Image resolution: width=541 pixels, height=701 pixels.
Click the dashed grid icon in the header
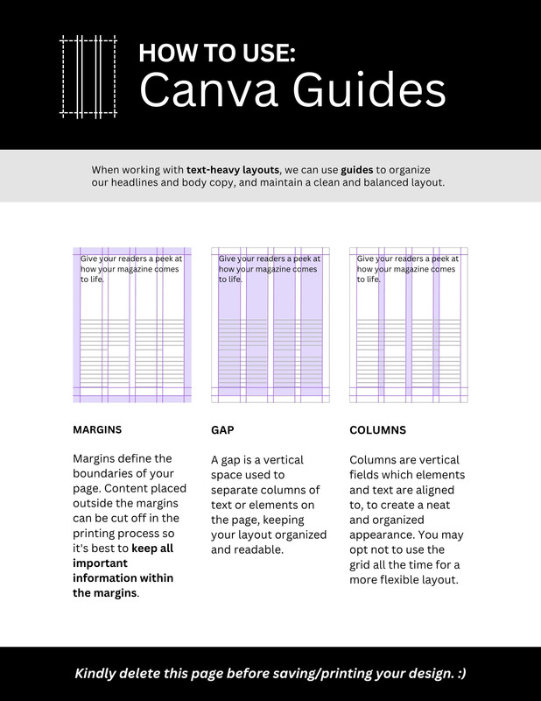(88, 76)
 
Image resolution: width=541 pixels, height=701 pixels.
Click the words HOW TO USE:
(218, 53)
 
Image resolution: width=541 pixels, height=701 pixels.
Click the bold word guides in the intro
(357, 169)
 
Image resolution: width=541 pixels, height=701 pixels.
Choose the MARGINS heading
(97, 430)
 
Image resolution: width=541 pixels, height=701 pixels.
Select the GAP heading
(222, 431)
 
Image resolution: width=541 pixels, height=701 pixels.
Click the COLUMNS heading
(377, 431)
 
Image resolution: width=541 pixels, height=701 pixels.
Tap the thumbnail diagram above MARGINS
(131, 325)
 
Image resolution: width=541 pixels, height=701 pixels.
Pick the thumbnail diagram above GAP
(270, 325)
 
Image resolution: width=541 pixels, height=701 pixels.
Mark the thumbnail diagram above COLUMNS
(408, 325)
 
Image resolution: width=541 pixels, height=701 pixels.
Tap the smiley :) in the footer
(459, 674)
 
